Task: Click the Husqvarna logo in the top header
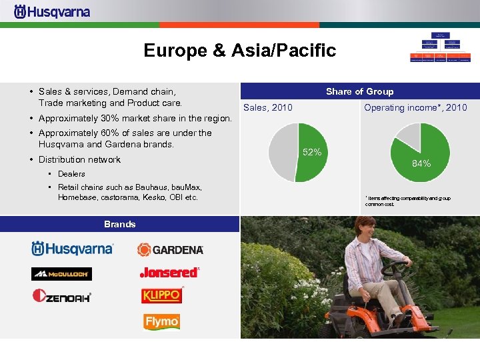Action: (x=52, y=11)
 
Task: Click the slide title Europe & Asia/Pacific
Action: (x=240, y=51)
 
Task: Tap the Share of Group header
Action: (x=359, y=91)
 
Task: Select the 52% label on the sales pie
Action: (x=311, y=153)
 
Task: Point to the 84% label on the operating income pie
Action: (x=421, y=163)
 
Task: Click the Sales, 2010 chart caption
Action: (x=267, y=107)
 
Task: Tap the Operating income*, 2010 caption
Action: (x=415, y=107)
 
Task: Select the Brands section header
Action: (x=119, y=224)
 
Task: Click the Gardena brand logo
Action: (x=170, y=249)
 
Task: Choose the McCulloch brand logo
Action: (x=61, y=273)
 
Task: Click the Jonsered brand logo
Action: (x=169, y=272)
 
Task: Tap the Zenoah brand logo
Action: (x=61, y=296)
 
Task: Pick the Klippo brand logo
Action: (x=161, y=295)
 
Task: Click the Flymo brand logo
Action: (x=161, y=322)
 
